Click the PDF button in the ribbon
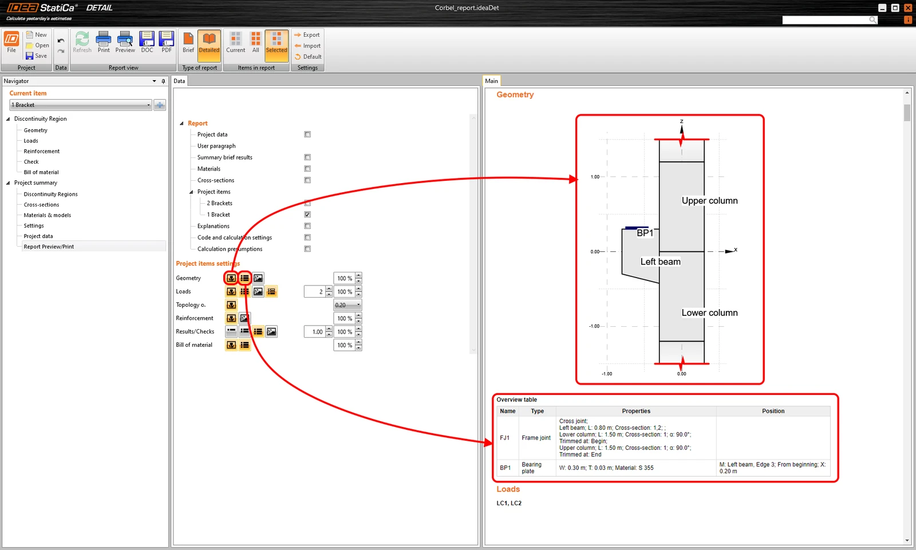(167, 42)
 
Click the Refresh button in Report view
(82, 42)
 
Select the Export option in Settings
(307, 35)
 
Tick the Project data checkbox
(307, 134)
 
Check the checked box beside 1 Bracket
(307, 214)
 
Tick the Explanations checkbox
(307, 225)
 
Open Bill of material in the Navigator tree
(41, 172)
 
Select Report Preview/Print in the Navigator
(49, 247)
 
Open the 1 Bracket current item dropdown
(81, 105)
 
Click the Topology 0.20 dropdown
(347, 305)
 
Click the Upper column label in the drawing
(709, 201)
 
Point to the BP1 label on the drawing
(645, 233)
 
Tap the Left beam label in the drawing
(661, 262)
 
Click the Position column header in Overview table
(773, 411)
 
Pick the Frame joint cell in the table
(536, 438)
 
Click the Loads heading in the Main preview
(508, 489)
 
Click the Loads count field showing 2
(315, 291)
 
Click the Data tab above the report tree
(179, 81)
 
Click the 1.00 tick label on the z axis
(595, 177)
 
